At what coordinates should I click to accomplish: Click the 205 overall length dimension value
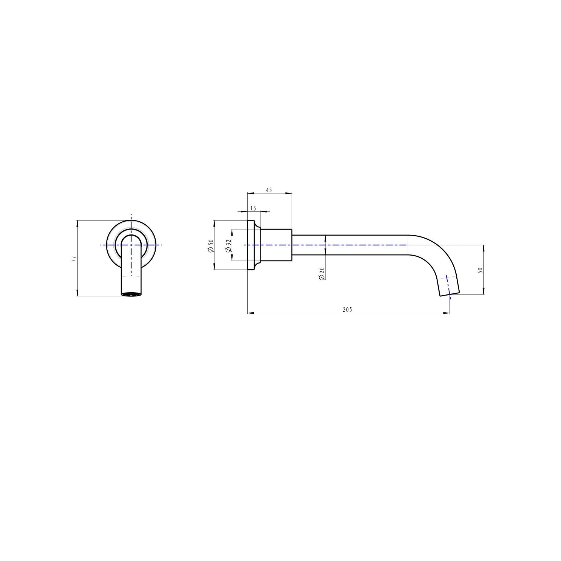[x=347, y=310]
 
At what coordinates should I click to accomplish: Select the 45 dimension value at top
[x=269, y=190]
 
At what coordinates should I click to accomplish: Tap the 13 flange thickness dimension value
[x=253, y=208]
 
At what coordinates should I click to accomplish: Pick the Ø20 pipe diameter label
[x=322, y=274]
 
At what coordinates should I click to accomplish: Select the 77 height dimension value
[x=74, y=259]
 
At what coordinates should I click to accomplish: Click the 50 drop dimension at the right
[x=480, y=270]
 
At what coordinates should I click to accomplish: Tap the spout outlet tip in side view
[x=450, y=294]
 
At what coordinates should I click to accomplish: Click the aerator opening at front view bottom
[x=131, y=295]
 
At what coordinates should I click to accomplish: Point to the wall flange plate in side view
[x=251, y=245]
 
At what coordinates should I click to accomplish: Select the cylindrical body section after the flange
[x=276, y=245]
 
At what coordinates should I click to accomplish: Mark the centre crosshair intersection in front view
[x=131, y=245]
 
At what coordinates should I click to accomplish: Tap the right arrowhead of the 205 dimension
[x=447, y=313]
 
